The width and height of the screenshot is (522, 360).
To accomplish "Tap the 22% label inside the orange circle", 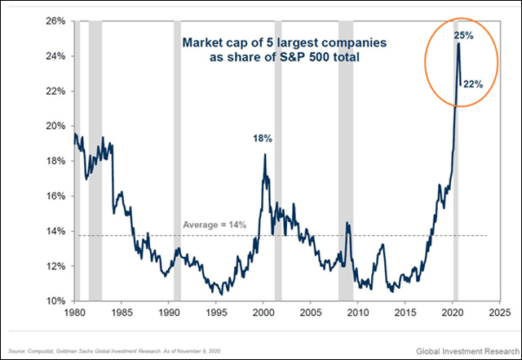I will tap(474, 84).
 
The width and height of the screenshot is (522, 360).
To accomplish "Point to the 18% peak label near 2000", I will tap(263, 139).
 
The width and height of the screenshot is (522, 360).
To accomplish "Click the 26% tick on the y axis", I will tap(54, 21).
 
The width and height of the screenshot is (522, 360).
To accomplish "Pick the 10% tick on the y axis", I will tap(54, 301).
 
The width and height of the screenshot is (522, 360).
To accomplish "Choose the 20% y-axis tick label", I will tap(54, 127).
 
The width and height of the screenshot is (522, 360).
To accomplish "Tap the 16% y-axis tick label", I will tap(54, 197).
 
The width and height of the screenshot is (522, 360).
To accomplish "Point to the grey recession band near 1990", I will tap(177, 163).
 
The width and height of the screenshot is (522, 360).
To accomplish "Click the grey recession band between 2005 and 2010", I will tap(346, 163).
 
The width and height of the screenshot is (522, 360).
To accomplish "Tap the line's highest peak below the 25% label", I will tap(458, 44).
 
